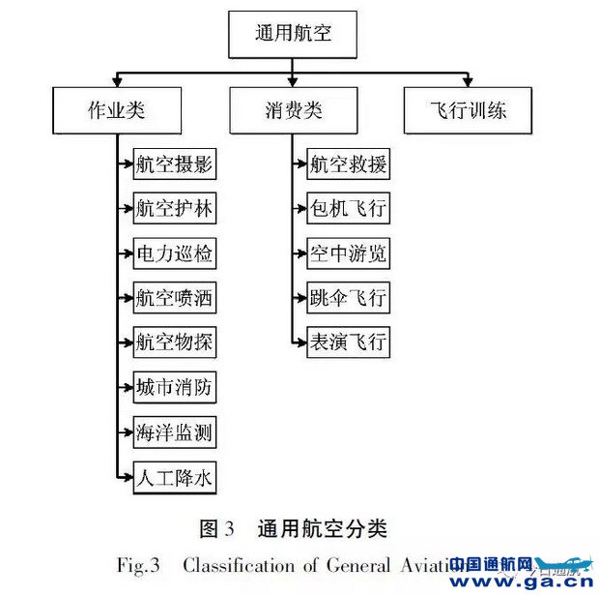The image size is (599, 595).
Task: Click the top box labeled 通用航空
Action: (291, 35)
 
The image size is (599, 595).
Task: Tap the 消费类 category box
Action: (291, 109)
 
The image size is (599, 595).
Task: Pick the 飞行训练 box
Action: (469, 109)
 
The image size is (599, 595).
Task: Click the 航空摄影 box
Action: (174, 164)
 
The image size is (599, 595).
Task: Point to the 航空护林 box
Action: (174, 209)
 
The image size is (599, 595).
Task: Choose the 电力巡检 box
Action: (174, 253)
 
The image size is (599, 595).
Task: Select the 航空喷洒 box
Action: (174, 298)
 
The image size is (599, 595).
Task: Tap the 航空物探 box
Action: (174, 342)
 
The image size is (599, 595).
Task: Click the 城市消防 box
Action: (174, 388)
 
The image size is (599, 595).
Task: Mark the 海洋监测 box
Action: (174, 432)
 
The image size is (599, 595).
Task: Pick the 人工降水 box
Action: (174, 478)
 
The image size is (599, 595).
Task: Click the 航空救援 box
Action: (349, 164)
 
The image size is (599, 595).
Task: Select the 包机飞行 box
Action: (349, 209)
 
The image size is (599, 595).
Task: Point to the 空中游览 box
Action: (349, 253)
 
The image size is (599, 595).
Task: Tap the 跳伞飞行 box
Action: (349, 298)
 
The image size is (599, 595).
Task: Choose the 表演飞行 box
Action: (349, 342)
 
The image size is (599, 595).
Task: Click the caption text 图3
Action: (217, 528)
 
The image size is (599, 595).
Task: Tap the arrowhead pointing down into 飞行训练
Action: (469, 80)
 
